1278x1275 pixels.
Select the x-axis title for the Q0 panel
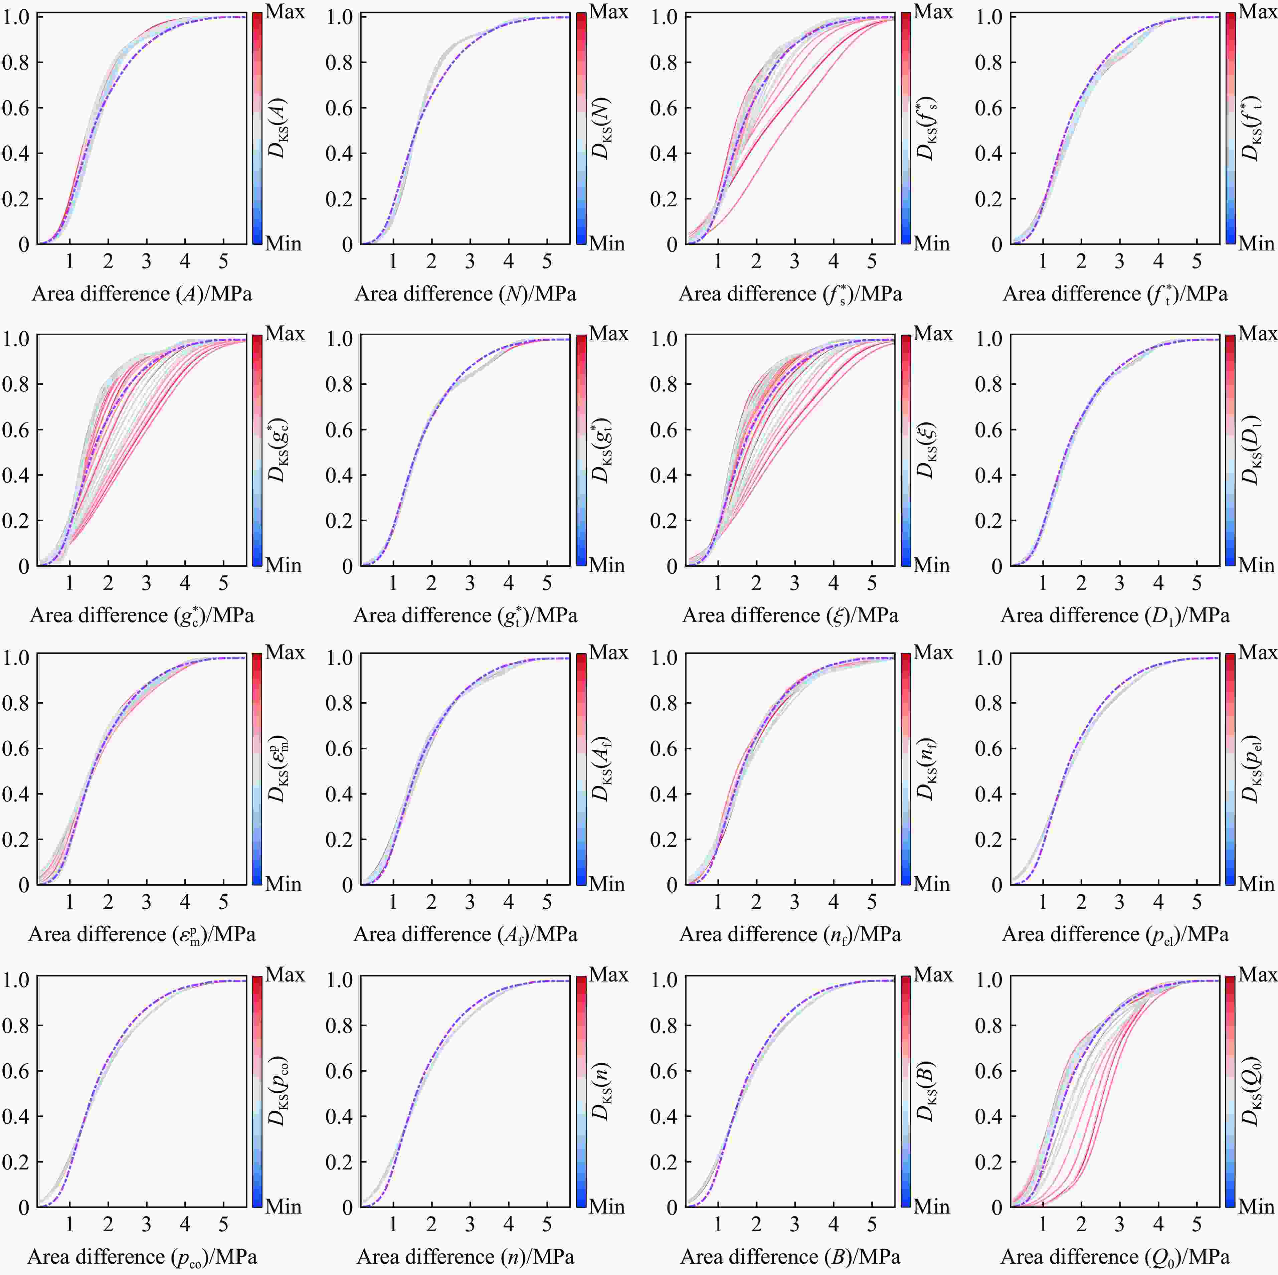pyautogui.click(x=1115, y=1257)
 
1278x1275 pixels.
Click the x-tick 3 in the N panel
pyautogui.click(x=470, y=262)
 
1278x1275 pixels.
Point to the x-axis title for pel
pyautogui.click(x=1115, y=934)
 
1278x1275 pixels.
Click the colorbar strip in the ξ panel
pyautogui.click(x=906, y=450)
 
